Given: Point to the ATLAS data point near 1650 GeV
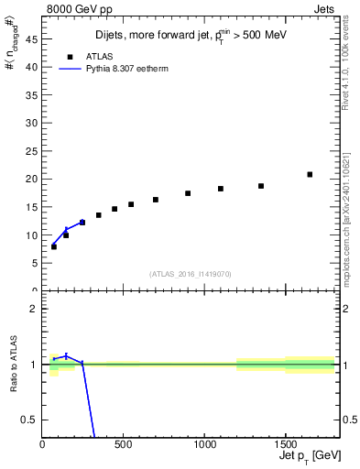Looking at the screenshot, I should [x=310, y=174].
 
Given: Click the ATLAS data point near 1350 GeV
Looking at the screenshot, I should [x=261, y=186].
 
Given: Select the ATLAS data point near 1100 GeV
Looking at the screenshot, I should [x=221, y=189].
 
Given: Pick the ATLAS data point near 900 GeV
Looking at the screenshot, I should [x=188, y=193].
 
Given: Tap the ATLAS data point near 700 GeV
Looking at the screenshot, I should [x=156, y=200].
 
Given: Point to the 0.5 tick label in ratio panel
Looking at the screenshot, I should [x=28, y=420].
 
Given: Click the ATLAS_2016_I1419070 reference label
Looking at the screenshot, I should [x=191, y=274].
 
